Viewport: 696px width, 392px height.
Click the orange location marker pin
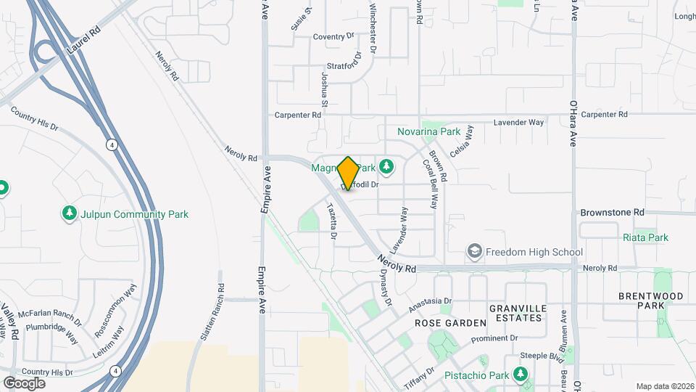348,173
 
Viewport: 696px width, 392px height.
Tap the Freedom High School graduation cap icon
474,252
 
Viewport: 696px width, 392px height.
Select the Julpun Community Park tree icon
69,214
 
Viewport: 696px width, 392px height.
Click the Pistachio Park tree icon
520,374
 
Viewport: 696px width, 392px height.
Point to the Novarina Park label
428,132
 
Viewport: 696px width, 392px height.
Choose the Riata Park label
645,237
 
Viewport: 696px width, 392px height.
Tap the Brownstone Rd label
612,213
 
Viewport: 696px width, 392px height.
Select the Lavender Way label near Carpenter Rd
518,123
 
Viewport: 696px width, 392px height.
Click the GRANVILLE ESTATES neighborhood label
516,313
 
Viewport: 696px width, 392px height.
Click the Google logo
24,383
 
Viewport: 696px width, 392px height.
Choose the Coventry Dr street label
333,36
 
